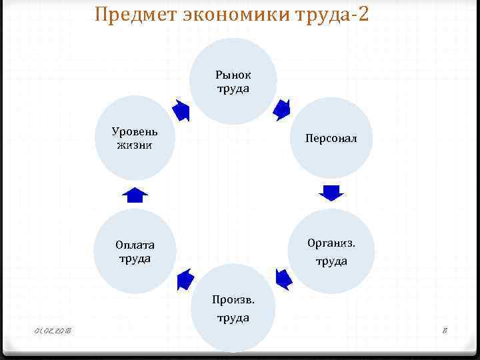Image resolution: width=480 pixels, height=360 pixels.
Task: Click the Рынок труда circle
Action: pyautogui.click(x=233, y=81)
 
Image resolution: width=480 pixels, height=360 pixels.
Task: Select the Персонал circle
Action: pyautogui.click(x=331, y=139)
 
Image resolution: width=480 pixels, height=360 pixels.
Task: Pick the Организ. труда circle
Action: pyautogui.click(x=331, y=251)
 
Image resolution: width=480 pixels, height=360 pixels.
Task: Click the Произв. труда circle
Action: pyautogui.click(x=233, y=308)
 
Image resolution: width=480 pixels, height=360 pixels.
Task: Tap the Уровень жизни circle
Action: pyautogui.click(x=135, y=138)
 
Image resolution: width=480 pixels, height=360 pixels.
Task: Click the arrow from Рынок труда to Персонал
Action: pyautogui.click(x=283, y=108)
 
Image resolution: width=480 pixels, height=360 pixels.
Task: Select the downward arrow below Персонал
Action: pyautogui.click(x=331, y=193)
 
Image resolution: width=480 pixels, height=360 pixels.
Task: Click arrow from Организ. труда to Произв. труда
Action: pyautogui.click(x=283, y=279)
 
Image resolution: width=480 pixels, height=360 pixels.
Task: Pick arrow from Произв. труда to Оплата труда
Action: pyautogui.click(x=185, y=279)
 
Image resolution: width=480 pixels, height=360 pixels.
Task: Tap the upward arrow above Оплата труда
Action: pyautogui.click(x=135, y=195)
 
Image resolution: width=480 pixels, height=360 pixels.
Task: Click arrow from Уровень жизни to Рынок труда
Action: pyautogui.click(x=181, y=109)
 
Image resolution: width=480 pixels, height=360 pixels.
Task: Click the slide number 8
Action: pyautogui.click(x=445, y=331)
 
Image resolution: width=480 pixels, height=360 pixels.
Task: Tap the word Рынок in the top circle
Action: pyautogui.click(x=233, y=75)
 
